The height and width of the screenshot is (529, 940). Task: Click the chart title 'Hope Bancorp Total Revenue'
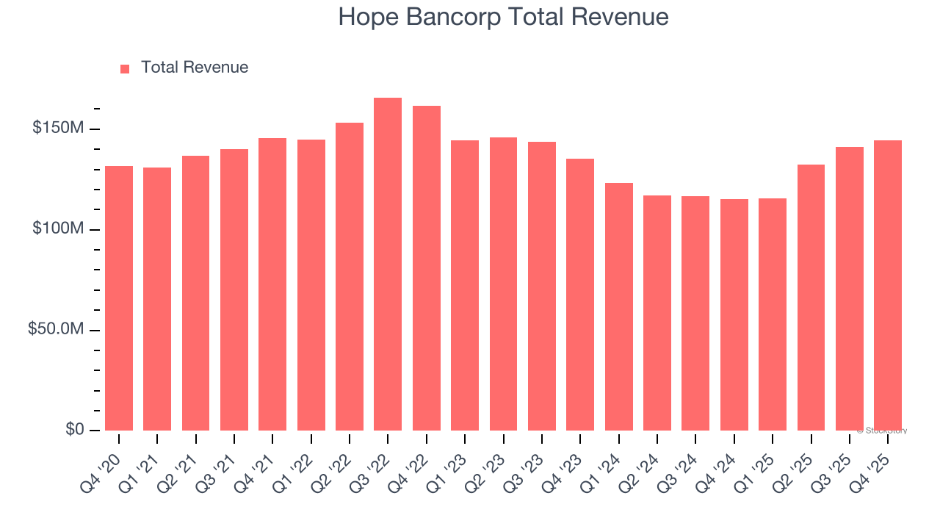(x=503, y=17)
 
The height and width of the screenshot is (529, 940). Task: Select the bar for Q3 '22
(x=388, y=264)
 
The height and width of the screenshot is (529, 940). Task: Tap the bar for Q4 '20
(x=119, y=298)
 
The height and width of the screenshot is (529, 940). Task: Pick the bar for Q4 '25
(x=888, y=285)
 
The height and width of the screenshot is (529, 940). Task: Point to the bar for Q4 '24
(x=734, y=314)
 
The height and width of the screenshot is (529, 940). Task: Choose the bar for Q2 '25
(x=811, y=298)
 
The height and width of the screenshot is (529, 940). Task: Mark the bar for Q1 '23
(x=465, y=285)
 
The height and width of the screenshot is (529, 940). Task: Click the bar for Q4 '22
(x=427, y=268)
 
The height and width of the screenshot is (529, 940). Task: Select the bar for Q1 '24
(x=619, y=306)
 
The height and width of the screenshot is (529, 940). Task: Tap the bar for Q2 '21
(x=196, y=293)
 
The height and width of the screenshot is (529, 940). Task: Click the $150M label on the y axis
(x=58, y=129)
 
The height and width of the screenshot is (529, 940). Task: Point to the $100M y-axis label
(x=58, y=229)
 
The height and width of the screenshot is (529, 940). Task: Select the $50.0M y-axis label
(x=56, y=329)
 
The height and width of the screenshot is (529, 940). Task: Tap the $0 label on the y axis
(x=74, y=429)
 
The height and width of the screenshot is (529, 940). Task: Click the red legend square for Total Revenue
(x=125, y=68)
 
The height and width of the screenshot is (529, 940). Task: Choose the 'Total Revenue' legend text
(x=195, y=68)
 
